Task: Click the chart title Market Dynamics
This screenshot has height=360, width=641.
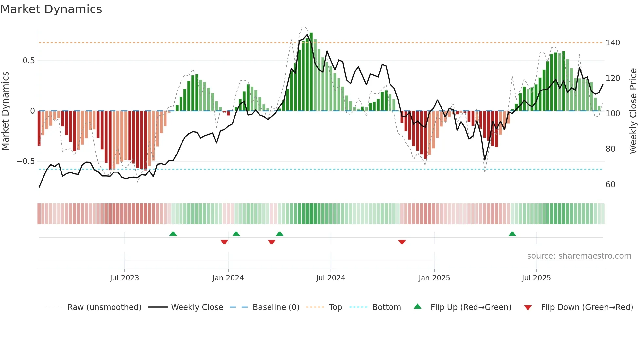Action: (x=51, y=9)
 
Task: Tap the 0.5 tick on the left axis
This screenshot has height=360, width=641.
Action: (x=28, y=61)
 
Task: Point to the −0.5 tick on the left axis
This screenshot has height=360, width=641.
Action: (x=26, y=161)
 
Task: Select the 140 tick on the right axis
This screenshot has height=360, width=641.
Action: (x=613, y=43)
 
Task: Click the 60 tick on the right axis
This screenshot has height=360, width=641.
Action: (x=610, y=185)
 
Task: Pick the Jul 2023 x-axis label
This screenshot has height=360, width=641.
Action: (x=124, y=278)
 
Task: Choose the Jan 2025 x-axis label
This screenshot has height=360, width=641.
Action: (x=434, y=278)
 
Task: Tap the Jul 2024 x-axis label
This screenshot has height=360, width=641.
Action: (x=330, y=278)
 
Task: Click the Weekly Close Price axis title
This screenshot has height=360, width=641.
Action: (x=633, y=111)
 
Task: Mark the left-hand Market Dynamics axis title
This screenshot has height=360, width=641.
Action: (x=5, y=111)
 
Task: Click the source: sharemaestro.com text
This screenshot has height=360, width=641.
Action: (x=579, y=256)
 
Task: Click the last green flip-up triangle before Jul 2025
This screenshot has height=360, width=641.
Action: (x=512, y=234)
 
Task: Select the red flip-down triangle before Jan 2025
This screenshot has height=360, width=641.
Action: (x=402, y=242)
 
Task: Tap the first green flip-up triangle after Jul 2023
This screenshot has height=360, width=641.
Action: (x=173, y=234)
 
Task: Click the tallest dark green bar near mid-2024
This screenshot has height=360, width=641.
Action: (x=311, y=72)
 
